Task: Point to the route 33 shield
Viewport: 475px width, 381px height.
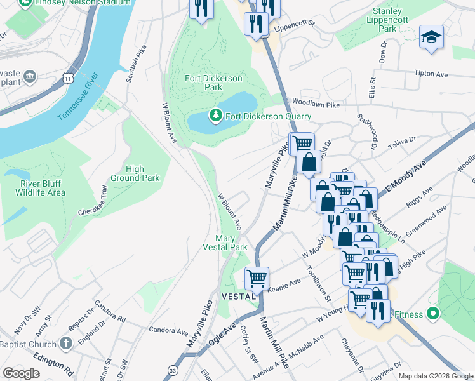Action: (173, 370)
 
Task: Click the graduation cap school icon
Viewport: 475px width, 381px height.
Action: (431, 37)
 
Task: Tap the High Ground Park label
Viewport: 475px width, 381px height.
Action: (133, 173)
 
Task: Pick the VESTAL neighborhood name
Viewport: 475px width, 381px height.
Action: (237, 297)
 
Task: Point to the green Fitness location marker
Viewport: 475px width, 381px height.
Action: (433, 314)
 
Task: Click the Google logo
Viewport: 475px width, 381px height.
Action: (22, 373)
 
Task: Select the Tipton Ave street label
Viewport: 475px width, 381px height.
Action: (431, 73)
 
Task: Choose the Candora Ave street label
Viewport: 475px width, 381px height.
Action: (168, 330)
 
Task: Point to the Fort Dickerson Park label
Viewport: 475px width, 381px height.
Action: (213, 83)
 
